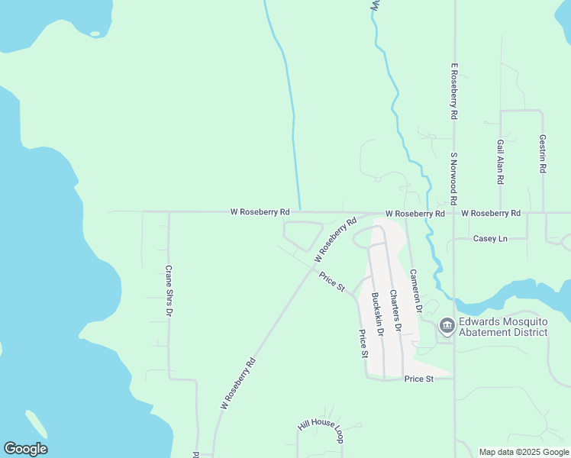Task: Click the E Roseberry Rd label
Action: pos(453,92)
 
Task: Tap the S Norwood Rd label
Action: pos(453,179)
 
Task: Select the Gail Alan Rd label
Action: pos(501,162)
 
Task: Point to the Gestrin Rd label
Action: pos(543,154)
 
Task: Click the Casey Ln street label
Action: pos(490,239)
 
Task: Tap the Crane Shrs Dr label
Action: pos(169,291)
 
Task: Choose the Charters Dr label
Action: pos(395,309)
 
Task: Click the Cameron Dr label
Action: pos(415,292)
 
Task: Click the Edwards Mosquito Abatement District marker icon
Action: pos(447,327)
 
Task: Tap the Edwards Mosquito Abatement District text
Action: pos(503,327)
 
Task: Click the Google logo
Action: pos(25,449)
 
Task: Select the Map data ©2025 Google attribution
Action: pos(524,452)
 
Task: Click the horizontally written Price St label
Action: pos(419,379)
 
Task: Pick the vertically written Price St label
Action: pos(364,343)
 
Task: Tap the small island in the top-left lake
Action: pos(95,34)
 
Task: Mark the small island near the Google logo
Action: pos(36,424)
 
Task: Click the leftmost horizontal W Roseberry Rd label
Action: pos(260,211)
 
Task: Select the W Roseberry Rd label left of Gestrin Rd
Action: pos(490,213)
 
